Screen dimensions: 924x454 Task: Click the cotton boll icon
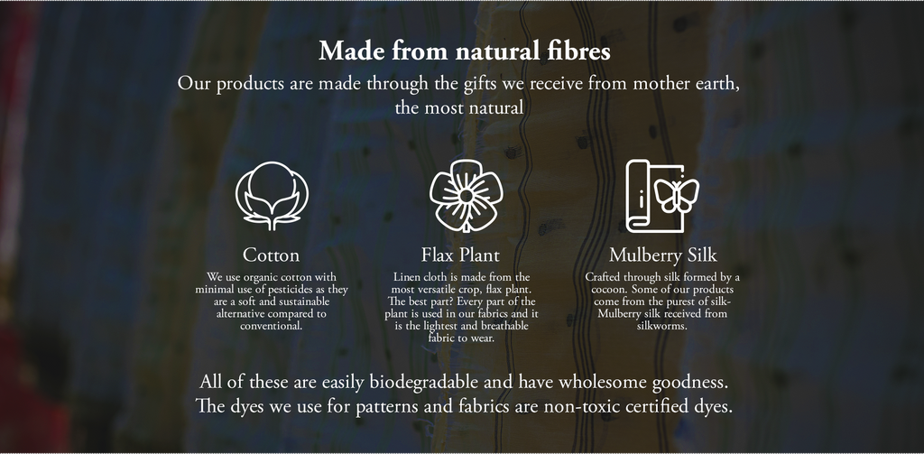point(272,196)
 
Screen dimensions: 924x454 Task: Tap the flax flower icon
point(467,196)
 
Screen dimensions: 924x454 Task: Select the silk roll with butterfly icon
point(661,196)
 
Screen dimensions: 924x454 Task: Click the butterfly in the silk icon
point(676,196)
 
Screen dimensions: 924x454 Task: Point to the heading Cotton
point(271,255)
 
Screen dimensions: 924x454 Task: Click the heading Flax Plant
point(460,255)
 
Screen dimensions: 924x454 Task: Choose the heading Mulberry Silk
point(663,255)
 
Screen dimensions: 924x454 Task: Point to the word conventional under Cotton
point(271,326)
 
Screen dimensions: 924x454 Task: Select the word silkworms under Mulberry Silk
point(662,326)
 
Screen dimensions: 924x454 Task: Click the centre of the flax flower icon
point(466,195)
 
